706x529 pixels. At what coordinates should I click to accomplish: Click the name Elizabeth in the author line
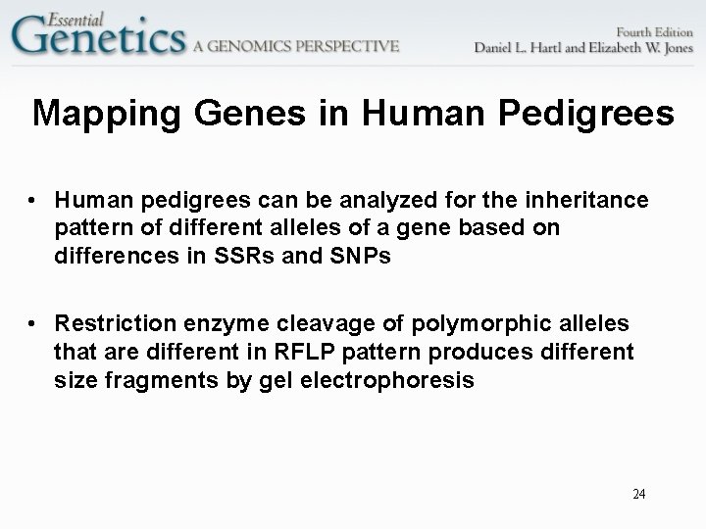coord(599,46)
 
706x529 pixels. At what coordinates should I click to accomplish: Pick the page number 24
coord(638,494)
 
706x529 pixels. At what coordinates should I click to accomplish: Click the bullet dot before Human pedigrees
coord(33,201)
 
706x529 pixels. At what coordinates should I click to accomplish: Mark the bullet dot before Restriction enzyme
coord(33,324)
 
